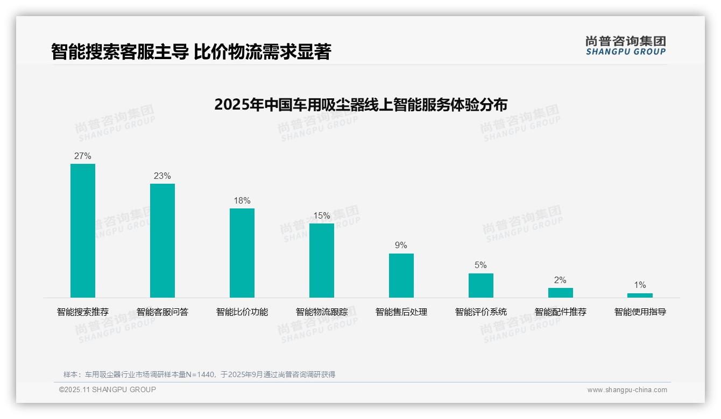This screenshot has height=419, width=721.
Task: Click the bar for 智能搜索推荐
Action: pos(83,230)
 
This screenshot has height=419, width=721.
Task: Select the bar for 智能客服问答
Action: pos(162,241)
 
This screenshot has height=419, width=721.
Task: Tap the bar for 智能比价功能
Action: pos(242,253)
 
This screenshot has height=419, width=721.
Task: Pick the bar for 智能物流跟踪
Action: pos(322,261)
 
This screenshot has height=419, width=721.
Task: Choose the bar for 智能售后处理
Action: pos(401,276)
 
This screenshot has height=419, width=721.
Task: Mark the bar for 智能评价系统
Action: pos(481,285)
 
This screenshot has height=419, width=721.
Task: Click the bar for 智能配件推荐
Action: pos(561,293)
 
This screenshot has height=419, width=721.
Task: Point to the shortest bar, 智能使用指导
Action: pos(640,295)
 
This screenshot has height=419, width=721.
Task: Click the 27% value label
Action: pos(83,156)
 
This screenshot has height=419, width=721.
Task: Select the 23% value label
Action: pos(162,176)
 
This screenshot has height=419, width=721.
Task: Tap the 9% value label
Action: pos(401,245)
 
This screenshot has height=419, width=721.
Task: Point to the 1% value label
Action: pos(640,285)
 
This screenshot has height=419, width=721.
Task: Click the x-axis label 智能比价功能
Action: pos(242,312)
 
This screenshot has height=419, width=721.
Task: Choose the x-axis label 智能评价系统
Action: pos(481,312)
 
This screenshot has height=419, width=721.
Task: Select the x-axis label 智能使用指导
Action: pos(640,312)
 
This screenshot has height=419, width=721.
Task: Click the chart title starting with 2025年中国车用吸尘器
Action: pos(360,105)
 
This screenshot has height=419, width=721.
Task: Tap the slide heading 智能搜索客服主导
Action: pos(190,52)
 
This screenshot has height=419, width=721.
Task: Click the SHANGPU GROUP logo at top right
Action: pos(626,46)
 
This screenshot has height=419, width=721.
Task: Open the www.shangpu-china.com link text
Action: pos(627,390)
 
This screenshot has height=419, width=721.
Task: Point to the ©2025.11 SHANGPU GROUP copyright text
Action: pos(108,390)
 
